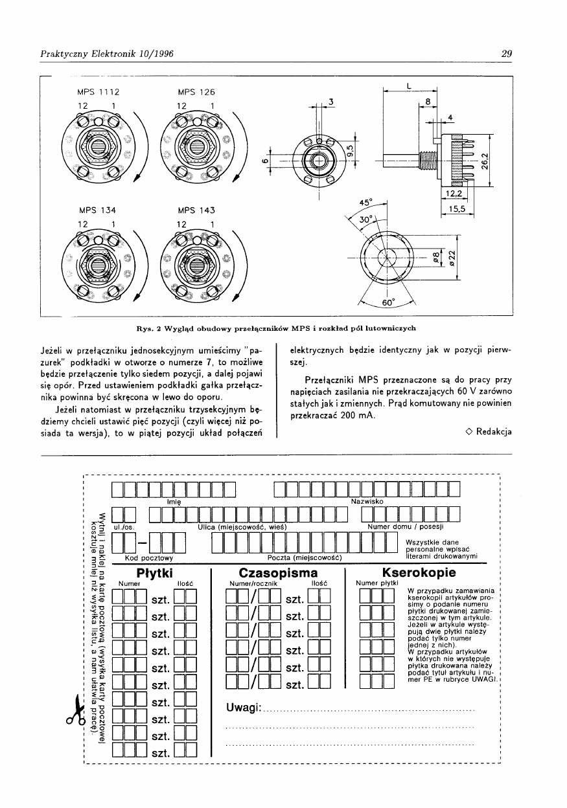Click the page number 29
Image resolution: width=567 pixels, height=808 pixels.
(x=507, y=54)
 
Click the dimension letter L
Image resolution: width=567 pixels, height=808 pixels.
(x=409, y=86)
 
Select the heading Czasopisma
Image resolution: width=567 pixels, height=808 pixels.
(x=278, y=573)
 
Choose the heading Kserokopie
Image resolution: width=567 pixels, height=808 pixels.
(x=419, y=573)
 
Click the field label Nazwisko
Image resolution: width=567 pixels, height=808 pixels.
(x=367, y=501)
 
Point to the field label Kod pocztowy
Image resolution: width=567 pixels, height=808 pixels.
(x=148, y=557)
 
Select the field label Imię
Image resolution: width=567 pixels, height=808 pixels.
(x=173, y=501)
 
